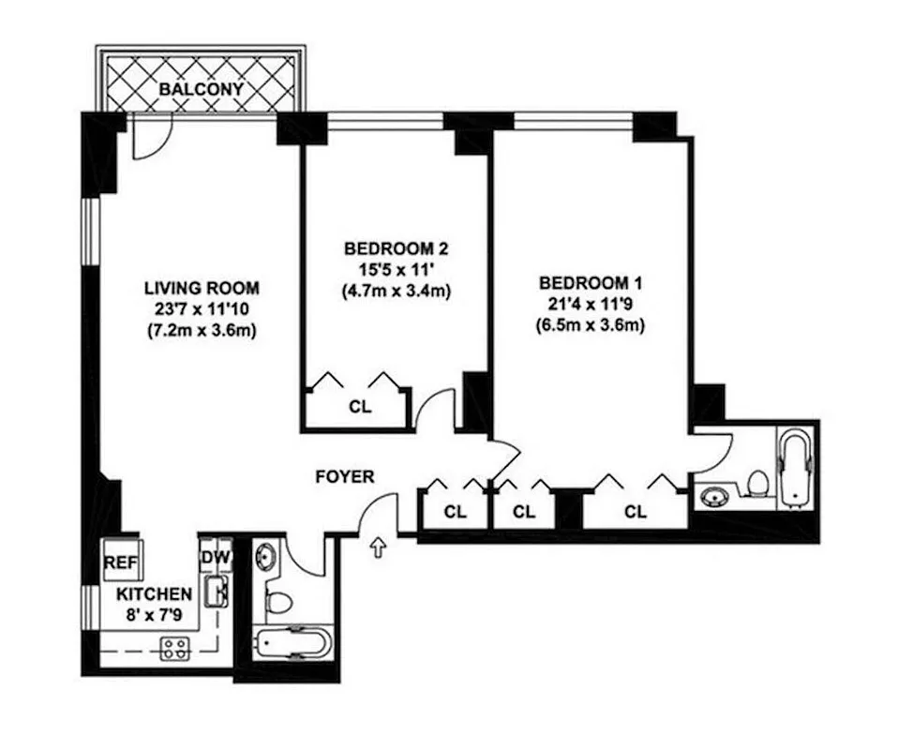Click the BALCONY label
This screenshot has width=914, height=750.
click(x=202, y=90)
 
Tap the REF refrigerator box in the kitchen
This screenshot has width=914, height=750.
click(x=117, y=561)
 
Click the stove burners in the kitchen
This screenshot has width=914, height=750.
click(x=173, y=648)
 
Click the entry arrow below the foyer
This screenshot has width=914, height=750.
click(x=380, y=547)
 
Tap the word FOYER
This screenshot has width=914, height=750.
click(x=344, y=477)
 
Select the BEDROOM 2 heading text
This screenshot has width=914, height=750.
click(x=396, y=249)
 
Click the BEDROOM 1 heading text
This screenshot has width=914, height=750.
click(x=591, y=283)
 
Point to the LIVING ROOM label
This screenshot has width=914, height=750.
click(x=202, y=288)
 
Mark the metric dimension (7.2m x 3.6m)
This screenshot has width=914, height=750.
click(x=202, y=330)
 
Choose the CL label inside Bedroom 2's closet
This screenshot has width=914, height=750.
click(x=360, y=407)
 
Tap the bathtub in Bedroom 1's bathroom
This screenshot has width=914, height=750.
click(x=797, y=466)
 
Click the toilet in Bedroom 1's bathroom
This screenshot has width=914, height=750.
click(x=757, y=483)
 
